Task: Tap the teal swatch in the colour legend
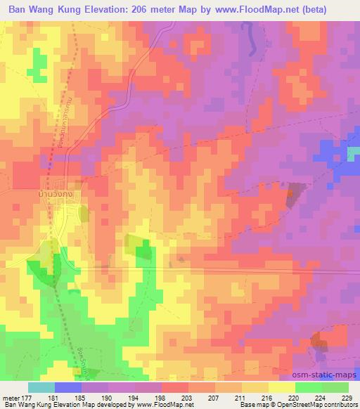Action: pyautogui.click(x=41, y=387)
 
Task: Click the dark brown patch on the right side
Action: pyautogui.click(x=293, y=195)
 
